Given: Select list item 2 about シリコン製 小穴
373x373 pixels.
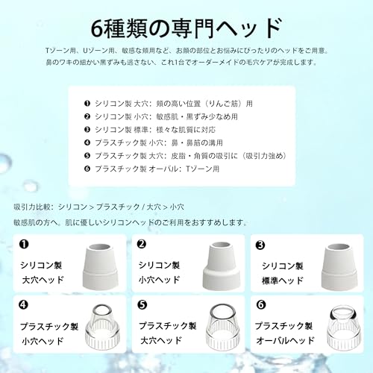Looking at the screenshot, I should [x=164, y=116].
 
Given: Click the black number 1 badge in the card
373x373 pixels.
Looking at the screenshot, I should [x=23, y=243].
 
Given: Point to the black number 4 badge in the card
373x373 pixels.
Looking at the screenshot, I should [x=23, y=304].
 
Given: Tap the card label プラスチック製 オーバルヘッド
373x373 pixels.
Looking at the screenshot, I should [x=284, y=333].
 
